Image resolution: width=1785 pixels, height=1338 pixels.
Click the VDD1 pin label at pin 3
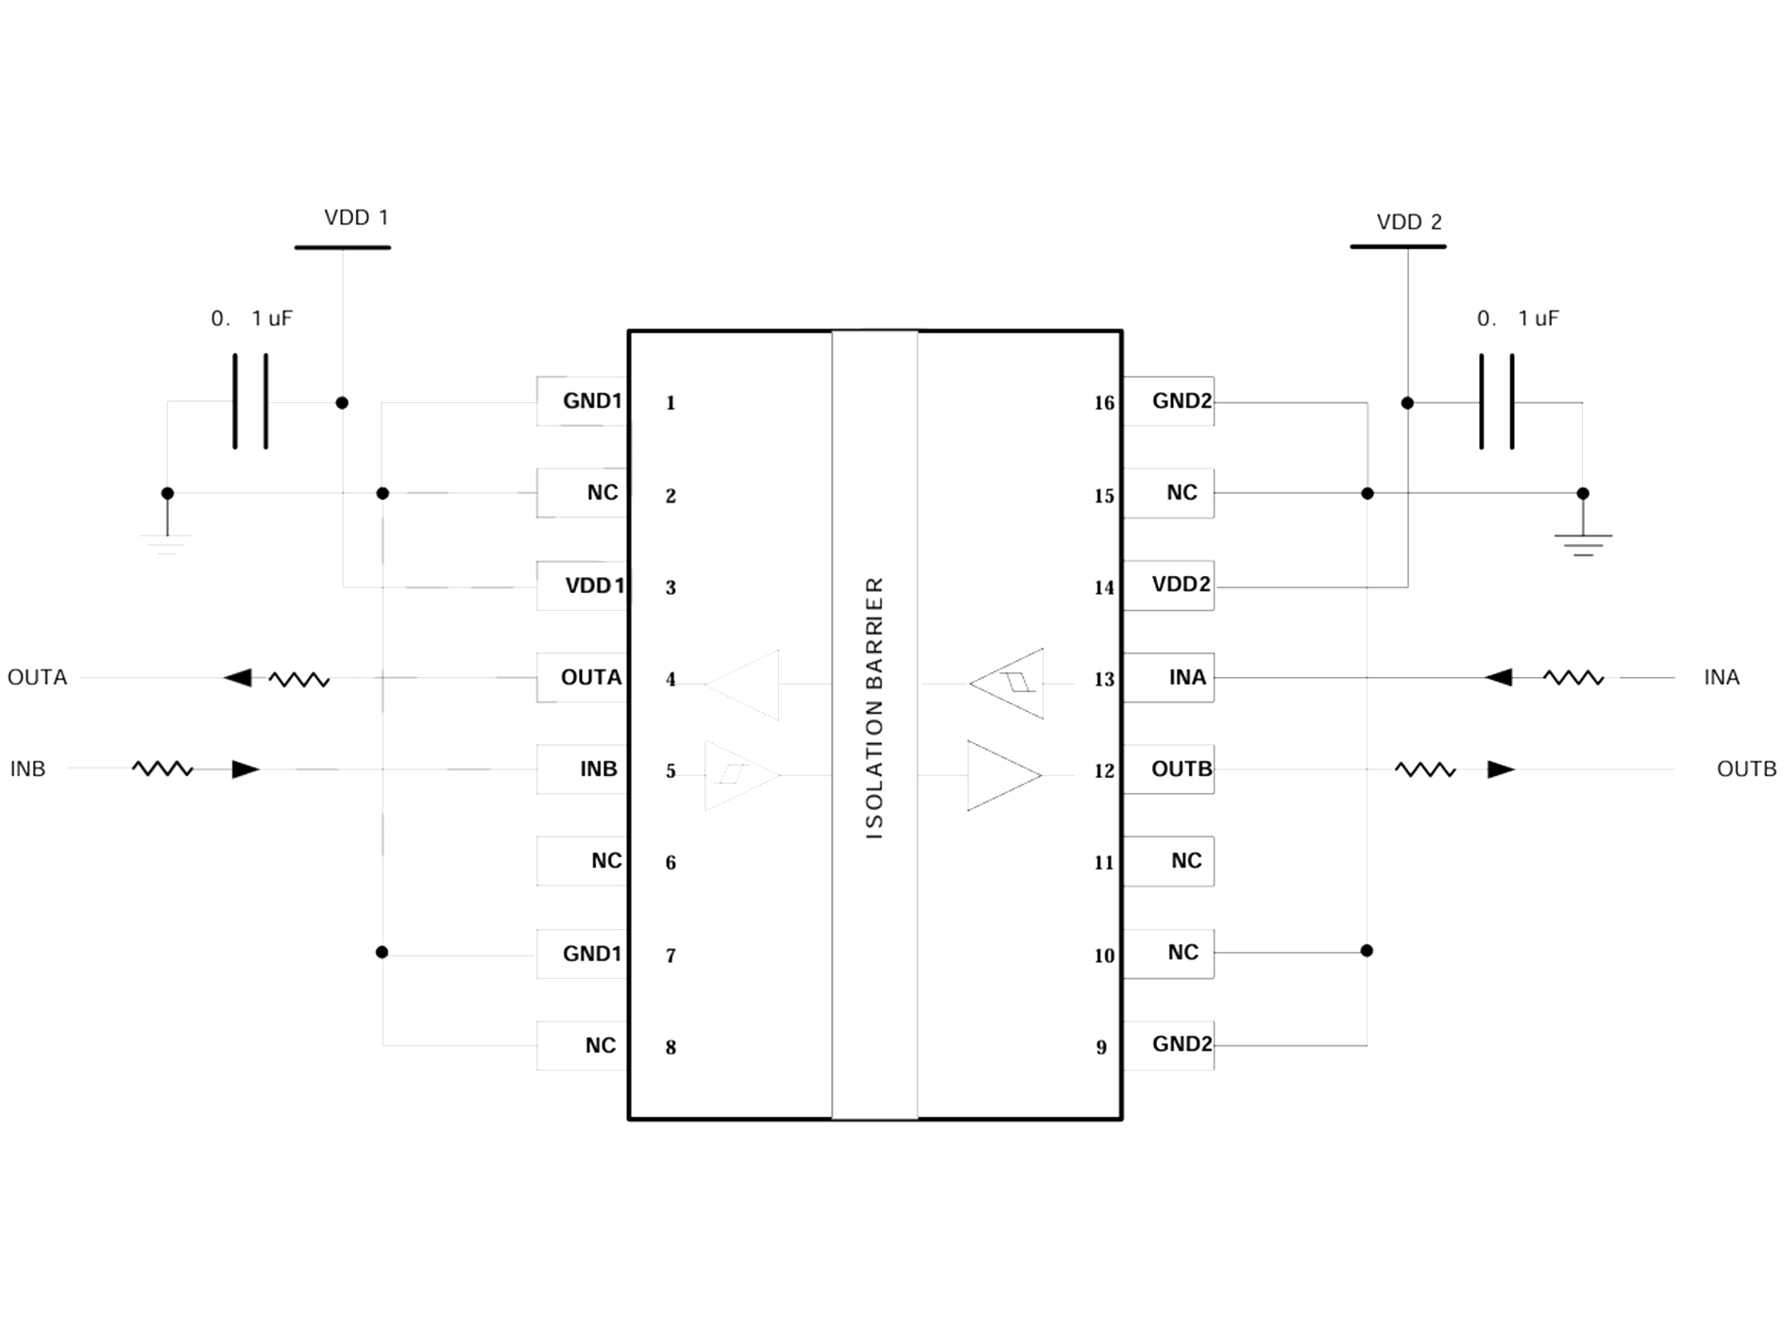point(593,585)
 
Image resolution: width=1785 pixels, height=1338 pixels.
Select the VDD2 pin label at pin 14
point(1180,584)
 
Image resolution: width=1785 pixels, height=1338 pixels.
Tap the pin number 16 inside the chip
point(1104,403)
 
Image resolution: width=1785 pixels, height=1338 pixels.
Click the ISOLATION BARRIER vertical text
point(875,708)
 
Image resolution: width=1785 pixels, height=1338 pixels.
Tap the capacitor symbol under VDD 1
point(250,401)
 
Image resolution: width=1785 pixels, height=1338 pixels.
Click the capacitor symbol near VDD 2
point(1497,401)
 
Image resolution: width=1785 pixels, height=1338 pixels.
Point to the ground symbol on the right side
point(1583,541)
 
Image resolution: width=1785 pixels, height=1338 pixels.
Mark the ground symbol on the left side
point(167,541)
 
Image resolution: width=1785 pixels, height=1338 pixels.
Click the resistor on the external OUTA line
point(298,679)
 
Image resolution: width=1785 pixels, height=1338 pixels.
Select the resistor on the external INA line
point(1573,677)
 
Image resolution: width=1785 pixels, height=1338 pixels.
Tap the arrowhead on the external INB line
point(246,770)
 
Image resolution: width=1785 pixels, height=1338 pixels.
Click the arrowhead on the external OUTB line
point(1501,770)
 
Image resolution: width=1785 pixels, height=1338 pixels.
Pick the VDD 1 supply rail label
point(356,218)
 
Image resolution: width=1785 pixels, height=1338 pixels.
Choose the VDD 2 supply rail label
point(1409,223)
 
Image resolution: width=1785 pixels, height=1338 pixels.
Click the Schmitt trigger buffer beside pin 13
point(1009,683)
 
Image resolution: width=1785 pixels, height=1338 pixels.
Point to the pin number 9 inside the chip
point(1101,1047)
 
